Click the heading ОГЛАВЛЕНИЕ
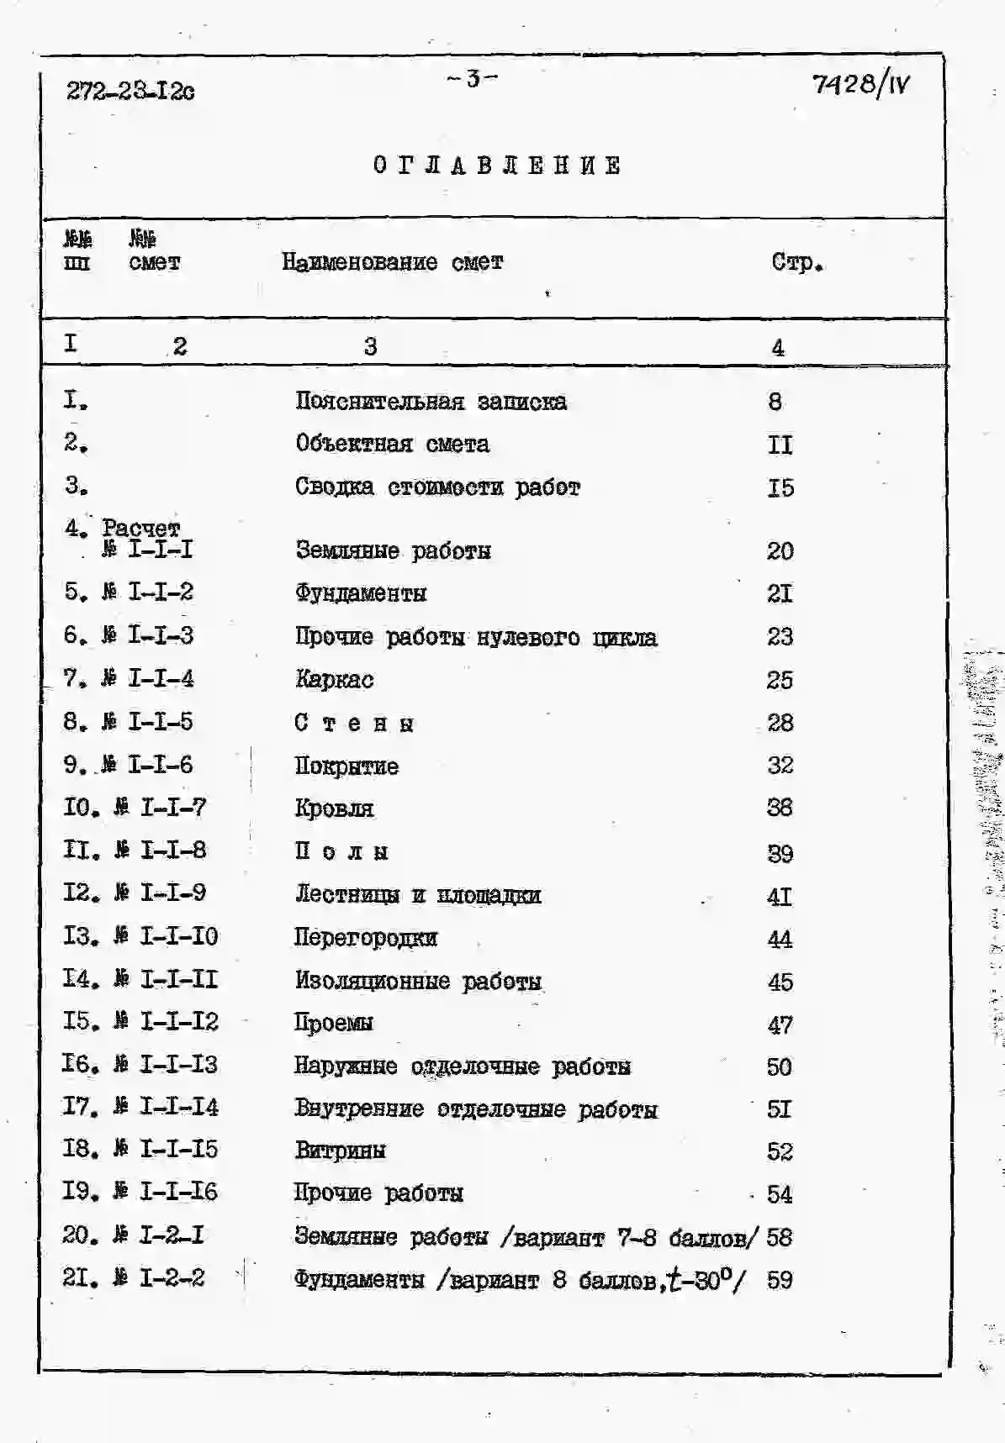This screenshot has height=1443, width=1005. click(497, 166)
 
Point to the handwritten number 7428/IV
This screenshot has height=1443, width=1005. click(860, 84)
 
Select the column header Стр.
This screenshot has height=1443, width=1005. click(796, 262)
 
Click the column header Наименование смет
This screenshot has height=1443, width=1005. click(392, 262)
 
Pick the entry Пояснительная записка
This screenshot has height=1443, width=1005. click(431, 402)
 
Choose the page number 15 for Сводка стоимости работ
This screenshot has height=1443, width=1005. click(780, 487)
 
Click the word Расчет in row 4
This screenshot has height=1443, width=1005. click(140, 528)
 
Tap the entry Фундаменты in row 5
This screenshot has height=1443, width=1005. click(361, 593)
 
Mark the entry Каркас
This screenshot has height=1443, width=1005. click(334, 679)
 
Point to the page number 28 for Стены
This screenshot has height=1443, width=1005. click(780, 723)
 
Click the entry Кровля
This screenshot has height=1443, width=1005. click(334, 808)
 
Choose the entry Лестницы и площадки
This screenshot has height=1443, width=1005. click(417, 895)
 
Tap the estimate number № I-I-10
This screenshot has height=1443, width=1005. click(167, 936)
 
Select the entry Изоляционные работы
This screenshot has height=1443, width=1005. click(418, 981)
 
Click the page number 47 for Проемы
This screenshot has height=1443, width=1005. click(780, 1024)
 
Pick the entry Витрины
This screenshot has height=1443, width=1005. click(340, 1151)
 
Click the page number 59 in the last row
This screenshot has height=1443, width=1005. click(780, 1280)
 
